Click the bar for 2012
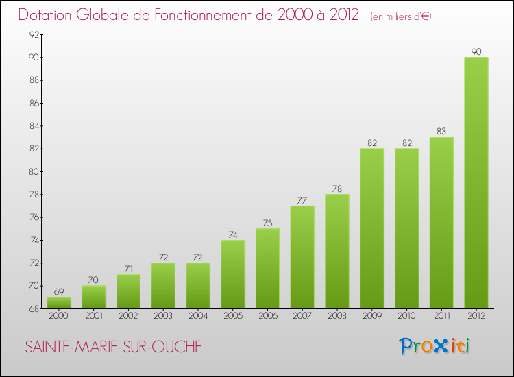point(476,182)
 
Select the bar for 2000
point(59,302)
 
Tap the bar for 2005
point(233,274)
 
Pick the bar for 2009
point(372,228)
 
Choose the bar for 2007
point(302,257)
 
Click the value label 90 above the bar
point(476,51)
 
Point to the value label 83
point(441,132)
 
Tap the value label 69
point(59,291)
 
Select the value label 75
point(268,223)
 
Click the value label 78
point(337,188)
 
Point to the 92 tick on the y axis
point(33,34)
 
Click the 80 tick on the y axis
point(33,171)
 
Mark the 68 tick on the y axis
point(33,308)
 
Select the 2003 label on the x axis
point(163,317)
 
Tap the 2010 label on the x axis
point(406,317)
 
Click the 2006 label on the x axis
point(268,317)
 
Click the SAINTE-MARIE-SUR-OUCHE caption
point(114,347)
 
